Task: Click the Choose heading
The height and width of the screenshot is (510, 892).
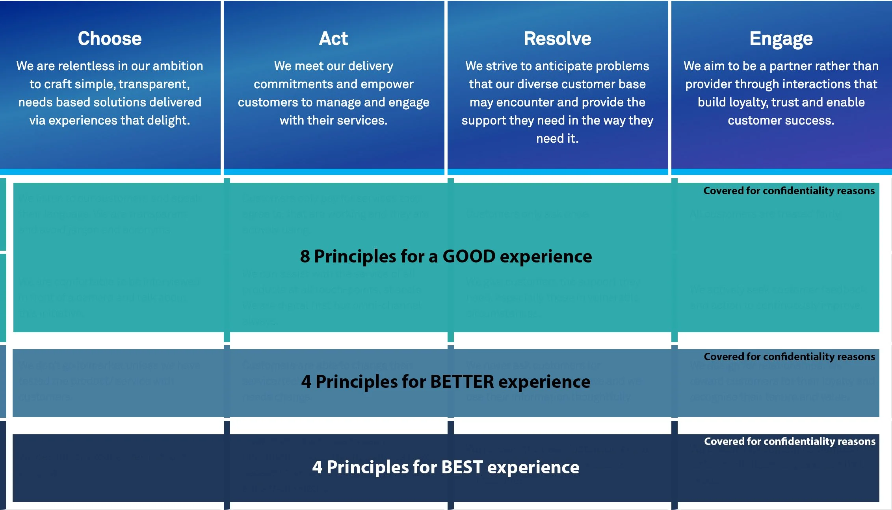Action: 110,39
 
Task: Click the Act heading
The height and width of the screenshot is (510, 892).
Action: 333,39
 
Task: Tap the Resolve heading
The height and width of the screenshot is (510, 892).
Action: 557,39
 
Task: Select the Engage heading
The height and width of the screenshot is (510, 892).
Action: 781,39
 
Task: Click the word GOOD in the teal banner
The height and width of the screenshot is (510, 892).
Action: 469,257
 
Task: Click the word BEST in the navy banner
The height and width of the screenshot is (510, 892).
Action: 462,467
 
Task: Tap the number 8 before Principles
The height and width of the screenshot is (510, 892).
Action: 305,257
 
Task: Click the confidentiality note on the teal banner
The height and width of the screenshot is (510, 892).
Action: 789,191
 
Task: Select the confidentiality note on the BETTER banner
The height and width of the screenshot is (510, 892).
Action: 789,357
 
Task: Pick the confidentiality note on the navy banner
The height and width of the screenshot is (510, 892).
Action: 790,441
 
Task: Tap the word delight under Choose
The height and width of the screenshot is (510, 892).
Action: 167,120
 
